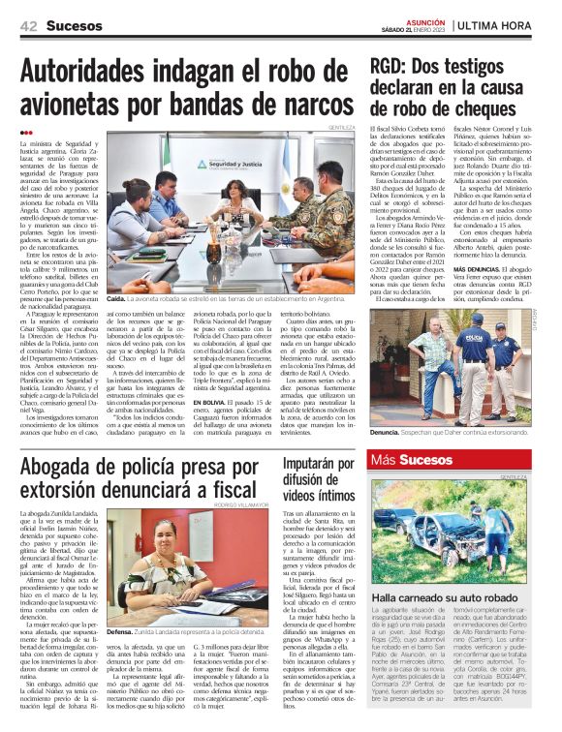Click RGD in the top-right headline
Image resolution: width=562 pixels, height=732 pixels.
tap(396, 67)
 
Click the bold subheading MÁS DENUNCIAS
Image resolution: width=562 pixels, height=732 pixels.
tap(485, 267)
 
